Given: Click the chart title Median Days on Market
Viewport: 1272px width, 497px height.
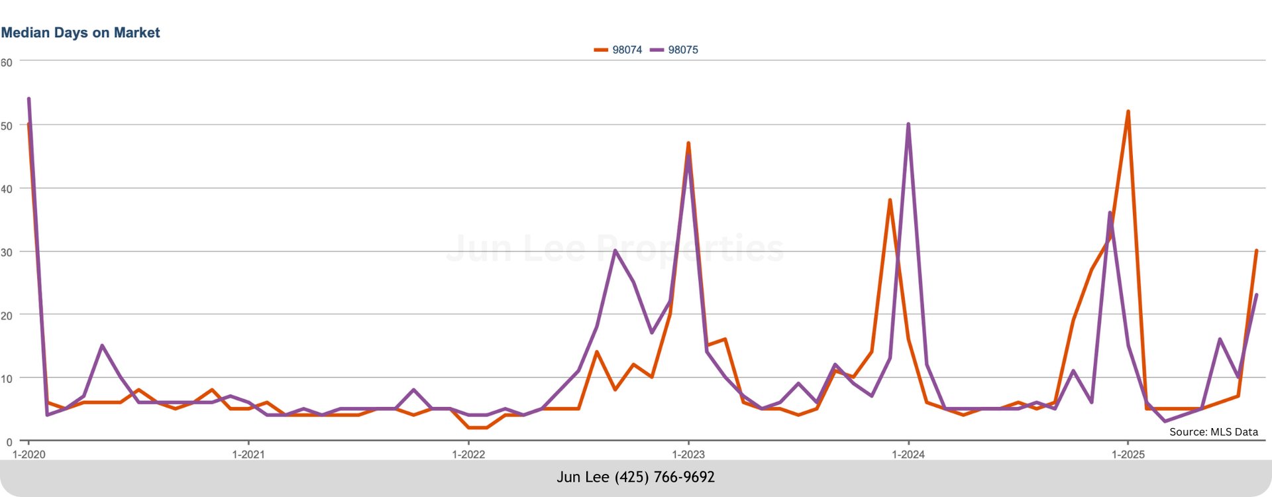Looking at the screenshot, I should coord(80,32).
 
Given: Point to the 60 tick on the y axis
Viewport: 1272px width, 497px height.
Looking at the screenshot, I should coord(7,62).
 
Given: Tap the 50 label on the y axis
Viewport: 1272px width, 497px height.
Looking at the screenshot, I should coord(7,126).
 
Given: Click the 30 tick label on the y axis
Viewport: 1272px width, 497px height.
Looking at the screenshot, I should coord(7,252).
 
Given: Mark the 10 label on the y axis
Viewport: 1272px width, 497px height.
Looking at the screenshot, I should coord(7,379).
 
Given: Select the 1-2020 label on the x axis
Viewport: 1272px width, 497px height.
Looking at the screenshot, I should coord(29,455).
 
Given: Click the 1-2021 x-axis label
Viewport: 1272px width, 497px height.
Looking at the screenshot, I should coord(248,455).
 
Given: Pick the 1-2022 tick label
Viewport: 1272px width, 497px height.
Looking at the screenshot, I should coord(468,455).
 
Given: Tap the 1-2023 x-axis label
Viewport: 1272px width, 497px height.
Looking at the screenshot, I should coord(688,455).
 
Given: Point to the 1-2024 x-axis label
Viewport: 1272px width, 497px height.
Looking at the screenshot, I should coord(908,455).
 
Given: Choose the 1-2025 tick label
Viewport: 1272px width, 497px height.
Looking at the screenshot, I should coord(1128,455).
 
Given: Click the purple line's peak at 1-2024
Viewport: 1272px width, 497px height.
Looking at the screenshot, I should coord(908,124).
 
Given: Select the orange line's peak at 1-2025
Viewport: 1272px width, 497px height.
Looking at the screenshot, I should coord(1128,111).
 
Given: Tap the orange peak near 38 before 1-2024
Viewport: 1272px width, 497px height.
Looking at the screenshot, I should coord(890,200).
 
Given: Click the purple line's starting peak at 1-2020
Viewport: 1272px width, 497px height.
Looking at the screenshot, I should coord(28,99).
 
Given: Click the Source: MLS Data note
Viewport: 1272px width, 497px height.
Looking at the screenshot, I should coord(1213,432).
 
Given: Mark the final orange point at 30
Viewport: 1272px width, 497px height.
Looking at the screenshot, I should coord(1256,250).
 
